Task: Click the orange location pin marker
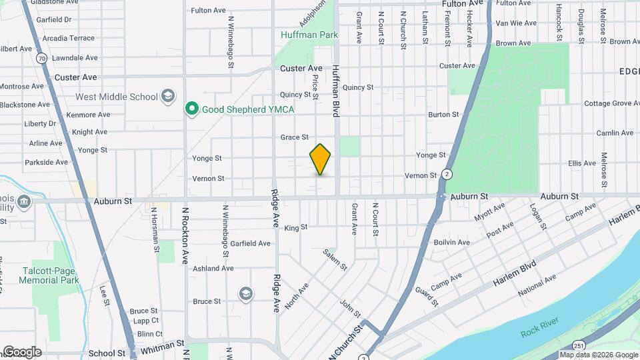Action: coord(321,159)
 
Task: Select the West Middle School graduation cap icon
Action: coord(168,97)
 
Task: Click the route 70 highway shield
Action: coord(42,59)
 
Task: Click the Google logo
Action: coord(21,351)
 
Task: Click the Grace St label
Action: coord(294,137)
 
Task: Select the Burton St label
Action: coord(443,115)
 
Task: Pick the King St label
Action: coord(295,227)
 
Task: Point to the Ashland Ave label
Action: coord(213,269)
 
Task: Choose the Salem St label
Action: coord(335,259)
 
